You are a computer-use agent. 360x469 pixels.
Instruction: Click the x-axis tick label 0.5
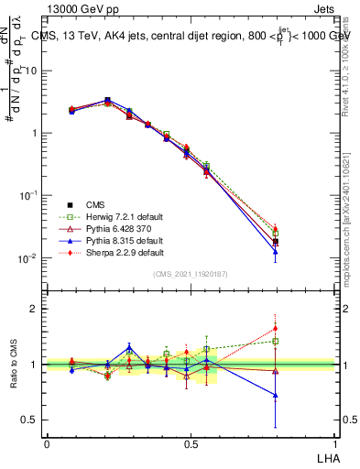coord(191,444)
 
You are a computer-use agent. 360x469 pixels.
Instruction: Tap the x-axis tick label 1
coord(335,444)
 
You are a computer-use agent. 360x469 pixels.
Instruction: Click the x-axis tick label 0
coord(47,444)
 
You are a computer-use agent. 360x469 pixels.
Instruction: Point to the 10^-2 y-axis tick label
coord(30,258)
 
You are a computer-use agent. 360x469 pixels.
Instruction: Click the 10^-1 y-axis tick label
coord(30,196)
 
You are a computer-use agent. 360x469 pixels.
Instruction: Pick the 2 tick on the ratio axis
coord(34,309)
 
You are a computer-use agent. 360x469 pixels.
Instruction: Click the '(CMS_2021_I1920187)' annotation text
coord(191,274)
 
